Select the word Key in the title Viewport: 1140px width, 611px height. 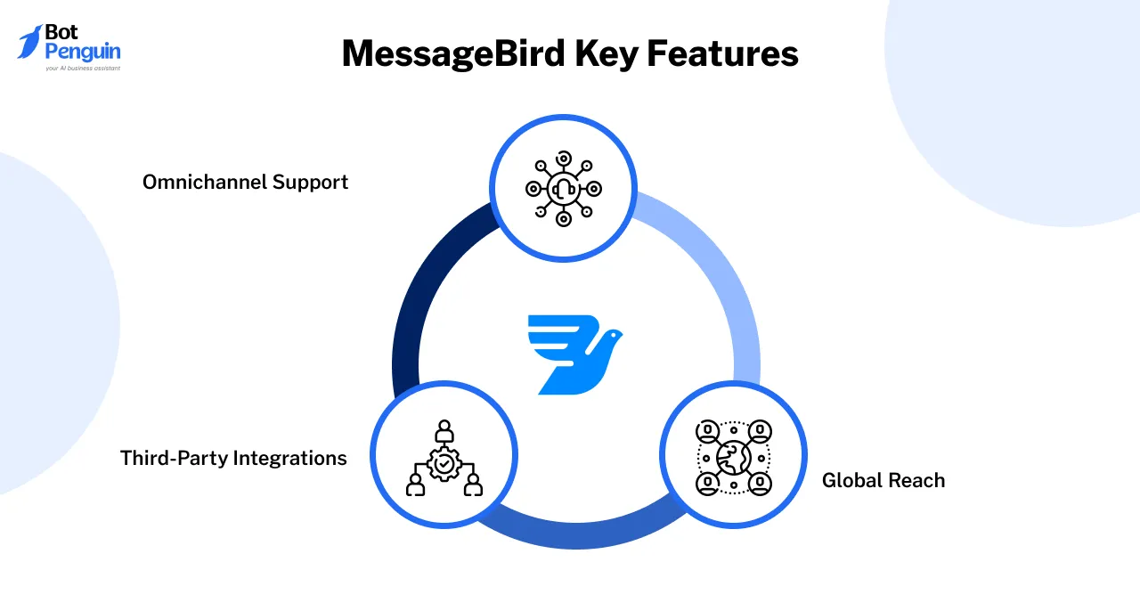[x=605, y=53]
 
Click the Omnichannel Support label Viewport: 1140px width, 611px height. [x=245, y=183]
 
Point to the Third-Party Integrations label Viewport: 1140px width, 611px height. [x=233, y=459]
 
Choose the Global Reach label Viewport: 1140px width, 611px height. [x=883, y=481]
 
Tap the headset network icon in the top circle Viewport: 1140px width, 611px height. [x=563, y=189]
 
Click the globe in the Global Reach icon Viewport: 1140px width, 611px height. [x=733, y=458]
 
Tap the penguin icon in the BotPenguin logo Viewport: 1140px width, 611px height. [x=29, y=41]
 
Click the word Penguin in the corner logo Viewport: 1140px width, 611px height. [x=82, y=53]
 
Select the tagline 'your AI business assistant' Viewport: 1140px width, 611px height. [x=82, y=68]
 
